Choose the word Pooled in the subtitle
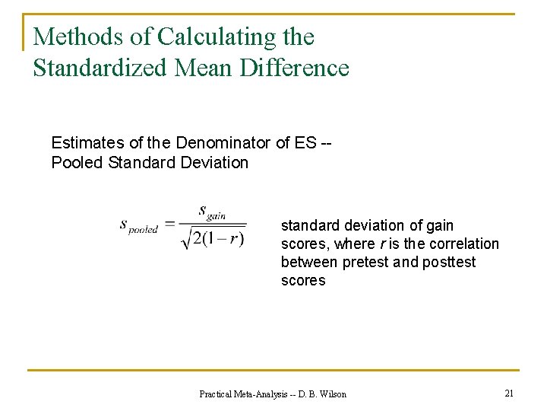(77, 163)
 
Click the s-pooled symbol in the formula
(138, 225)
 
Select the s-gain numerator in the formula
(211, 212)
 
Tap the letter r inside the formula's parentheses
(236, 239)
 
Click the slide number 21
(509, 393)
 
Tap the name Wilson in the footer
(332, 394)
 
